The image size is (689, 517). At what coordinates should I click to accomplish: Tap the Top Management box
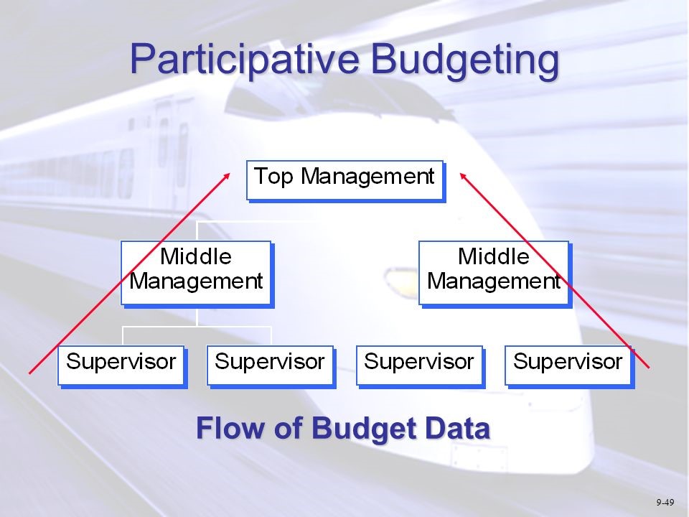[x=344, y=179]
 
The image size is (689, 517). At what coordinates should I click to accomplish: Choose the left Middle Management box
[x=196, y=271]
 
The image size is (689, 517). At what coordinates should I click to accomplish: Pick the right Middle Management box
[x=494, y=271]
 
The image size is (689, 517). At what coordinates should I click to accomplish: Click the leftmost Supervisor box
[x=121, y=364]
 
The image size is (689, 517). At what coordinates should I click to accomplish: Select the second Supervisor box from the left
[x=270, y=364]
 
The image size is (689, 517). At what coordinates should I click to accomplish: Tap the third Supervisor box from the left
[x=419, y=364]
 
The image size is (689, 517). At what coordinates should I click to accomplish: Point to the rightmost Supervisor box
[x=568, y=364]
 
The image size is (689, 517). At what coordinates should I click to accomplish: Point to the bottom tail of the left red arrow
[x=31, y=372]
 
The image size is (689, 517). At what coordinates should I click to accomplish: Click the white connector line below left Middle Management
[x=197, y=317]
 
